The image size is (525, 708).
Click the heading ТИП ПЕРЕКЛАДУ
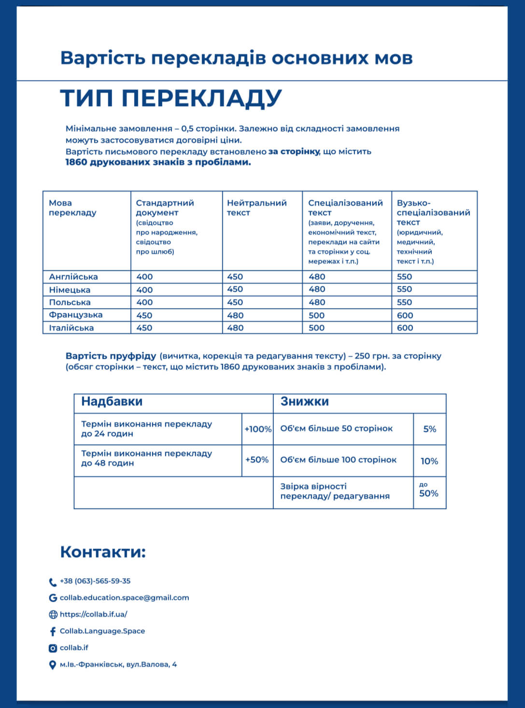click(170, 98)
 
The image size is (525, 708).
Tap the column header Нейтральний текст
click(256, 208)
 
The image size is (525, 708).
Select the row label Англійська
click(73, 277)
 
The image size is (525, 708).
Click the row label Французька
click(76, 315)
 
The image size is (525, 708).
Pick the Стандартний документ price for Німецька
click(144, 290)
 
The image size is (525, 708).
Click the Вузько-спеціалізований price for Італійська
click(405, 328)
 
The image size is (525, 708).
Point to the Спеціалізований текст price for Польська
click(317, 302)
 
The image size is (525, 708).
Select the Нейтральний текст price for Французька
click(235, 315)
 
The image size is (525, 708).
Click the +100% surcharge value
click(258, 429)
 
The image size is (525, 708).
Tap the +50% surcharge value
click(257, 460)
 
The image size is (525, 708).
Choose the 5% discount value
click(429, 429)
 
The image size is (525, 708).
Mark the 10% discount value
click(429, 461)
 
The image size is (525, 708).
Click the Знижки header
click(305, 402)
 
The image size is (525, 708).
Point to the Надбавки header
click(112, 402)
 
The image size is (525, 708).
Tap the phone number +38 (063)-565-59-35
click(95, 581)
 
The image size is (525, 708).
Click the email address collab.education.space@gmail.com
click(124, 598)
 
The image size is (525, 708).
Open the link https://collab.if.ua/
click(94, 614)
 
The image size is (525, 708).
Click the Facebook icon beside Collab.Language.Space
click(53, 631)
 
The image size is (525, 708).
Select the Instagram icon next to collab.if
click(53, 648)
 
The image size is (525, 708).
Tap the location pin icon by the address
click(53, 665)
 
